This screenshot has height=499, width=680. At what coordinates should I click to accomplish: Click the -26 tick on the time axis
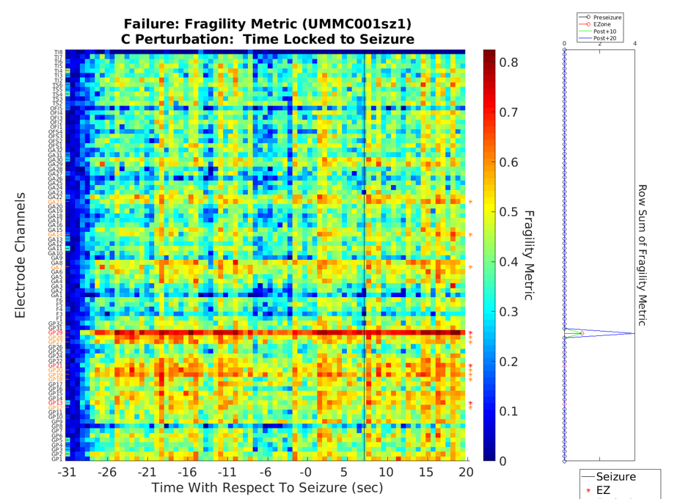[x=107, y=472]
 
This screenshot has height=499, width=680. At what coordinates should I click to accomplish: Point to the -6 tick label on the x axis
[x=267, y=472]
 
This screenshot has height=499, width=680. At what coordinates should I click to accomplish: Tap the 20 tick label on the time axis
[x=464, y=472]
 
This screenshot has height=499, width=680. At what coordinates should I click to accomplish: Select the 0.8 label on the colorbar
[x=509, y=62]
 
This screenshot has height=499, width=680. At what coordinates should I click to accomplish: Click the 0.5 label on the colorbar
[x=509, y=211]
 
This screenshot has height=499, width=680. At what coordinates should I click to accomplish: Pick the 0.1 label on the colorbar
[x=509, y=410]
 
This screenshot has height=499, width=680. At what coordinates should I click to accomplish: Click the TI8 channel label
[x=58, y=53]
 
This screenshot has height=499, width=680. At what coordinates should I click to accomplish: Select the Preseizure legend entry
[x=607, y=16]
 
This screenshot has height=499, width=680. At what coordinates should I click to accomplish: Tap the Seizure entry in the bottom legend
[x=615, y=477]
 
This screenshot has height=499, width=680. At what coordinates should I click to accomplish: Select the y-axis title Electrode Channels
[x=21, y=255]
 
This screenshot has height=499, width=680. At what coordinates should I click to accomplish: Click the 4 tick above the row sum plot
[x=634, y=45]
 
